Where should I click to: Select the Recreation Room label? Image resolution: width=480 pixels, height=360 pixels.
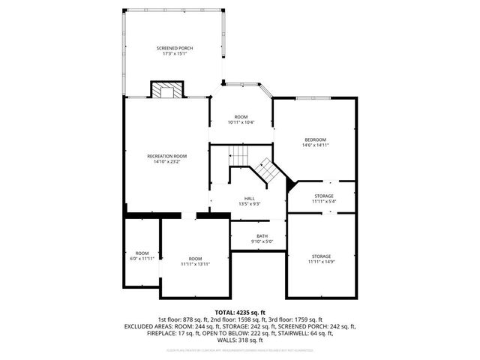(166, 155)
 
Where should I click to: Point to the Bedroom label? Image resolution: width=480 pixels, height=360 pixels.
(315, 139)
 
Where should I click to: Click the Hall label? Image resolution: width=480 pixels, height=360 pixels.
(249, 198)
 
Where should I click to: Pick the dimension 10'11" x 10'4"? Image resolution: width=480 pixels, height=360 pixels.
(241, 122)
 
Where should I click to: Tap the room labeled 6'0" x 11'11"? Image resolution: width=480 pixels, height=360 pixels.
(142, 259)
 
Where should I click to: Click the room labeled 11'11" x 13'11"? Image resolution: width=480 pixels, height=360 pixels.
(195, 264)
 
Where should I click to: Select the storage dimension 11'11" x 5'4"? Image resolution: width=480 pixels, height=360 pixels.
(324, 201)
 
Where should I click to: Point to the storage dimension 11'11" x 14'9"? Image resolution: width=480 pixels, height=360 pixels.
(322, 262)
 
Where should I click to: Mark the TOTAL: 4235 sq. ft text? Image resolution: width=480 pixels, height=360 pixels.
(240, 312)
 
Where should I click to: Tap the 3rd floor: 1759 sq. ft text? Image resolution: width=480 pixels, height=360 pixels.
(295, 319)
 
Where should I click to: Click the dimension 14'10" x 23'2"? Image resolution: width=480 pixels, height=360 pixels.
(166, 161)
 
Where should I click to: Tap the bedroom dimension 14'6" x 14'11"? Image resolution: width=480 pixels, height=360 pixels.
(315, 145)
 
